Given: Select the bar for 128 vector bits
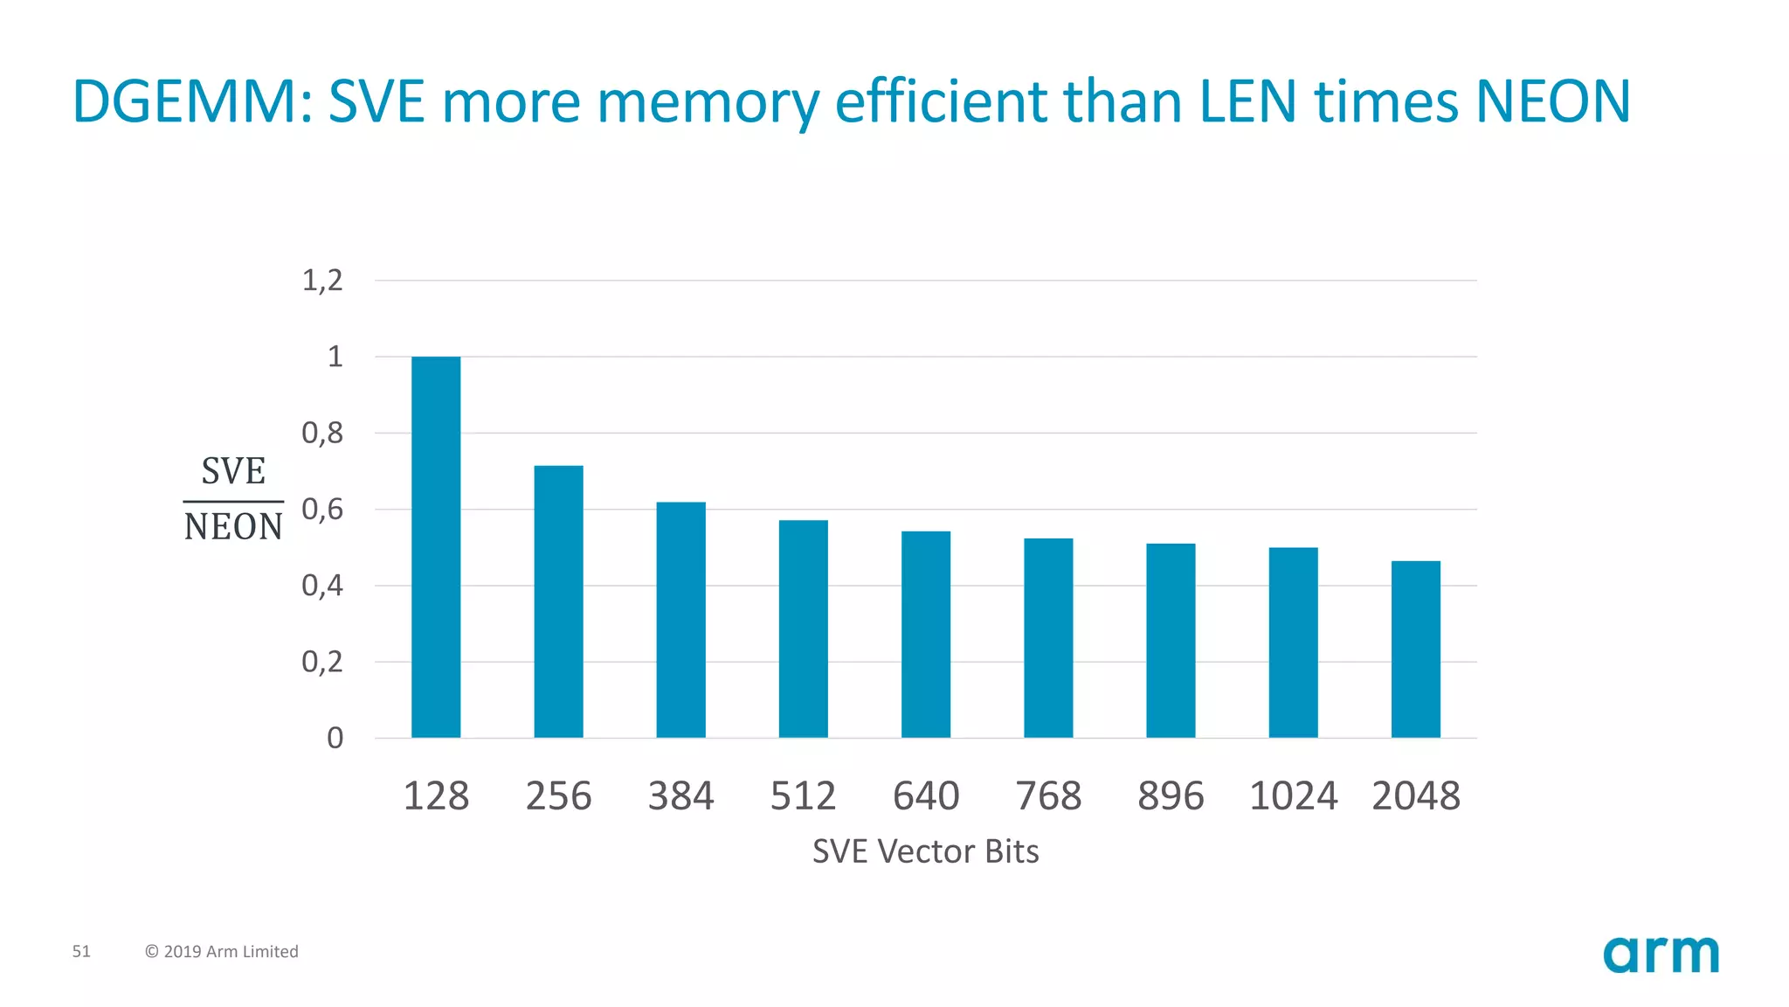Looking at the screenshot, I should click(x=436, y=547).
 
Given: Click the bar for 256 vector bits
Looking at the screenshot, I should click(x=558, y=601).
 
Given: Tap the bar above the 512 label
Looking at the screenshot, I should click(x=803, y=629).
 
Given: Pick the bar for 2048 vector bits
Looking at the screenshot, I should click(x=1415, y=649).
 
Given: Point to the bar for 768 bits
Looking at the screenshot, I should click(x=1048, y=638).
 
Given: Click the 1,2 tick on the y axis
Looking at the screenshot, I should click(x=321, y=281).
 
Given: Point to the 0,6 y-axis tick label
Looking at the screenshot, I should click(x=321, y=510).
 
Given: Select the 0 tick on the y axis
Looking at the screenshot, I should click(x=335, y=739).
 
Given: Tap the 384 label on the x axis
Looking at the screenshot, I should click(x=680, y=796).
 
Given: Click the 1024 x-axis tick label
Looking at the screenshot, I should click(x=1293, y=796).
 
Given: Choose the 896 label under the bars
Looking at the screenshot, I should click(x=1171, y=796).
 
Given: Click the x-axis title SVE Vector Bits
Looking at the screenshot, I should click(x=925, y=851).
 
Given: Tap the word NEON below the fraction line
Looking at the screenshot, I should click(x=233, y=527).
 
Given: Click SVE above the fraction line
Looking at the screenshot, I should click(x=233, y=472).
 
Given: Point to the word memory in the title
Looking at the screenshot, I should click(x=707, y=101).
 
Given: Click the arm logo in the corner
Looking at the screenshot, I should click(x=1661, y=954).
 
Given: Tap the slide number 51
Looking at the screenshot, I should click(x=81, y=951).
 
